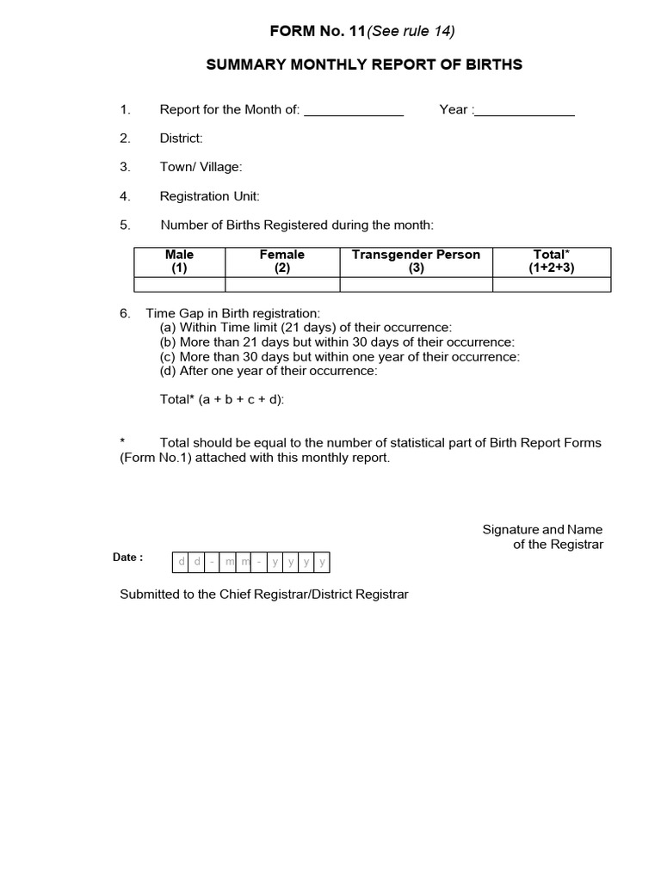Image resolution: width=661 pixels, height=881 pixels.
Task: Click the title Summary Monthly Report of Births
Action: tap(364, 65)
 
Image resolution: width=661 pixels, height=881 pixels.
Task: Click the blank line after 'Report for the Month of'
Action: tap(354, 110)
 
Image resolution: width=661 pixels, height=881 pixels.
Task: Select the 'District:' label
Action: tap(181, 138)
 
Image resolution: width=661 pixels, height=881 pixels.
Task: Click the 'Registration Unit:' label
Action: tap(209, 196)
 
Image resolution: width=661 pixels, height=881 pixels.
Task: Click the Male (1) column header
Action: tap(179, 261)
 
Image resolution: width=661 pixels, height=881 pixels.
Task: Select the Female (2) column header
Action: tap(282, 261)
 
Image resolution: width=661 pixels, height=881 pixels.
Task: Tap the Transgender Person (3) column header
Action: tap(416, 261)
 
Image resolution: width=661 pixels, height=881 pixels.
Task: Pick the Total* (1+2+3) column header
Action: tap(551, 261)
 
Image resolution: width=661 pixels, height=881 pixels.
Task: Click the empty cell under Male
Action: tap(179, 284)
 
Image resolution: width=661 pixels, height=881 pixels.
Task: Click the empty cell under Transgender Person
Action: tap(416, 284)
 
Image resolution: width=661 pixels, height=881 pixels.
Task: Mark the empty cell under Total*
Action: tap(551, 284)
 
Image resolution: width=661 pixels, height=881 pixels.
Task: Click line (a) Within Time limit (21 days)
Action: tap(306, 328)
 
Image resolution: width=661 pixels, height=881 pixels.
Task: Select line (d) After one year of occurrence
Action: tap(269, 371)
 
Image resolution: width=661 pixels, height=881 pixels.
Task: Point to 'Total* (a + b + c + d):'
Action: tap(222, 399)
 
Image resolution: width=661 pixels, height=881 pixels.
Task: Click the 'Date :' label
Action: tap(127, 558)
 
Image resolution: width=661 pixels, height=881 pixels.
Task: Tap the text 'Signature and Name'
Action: tap(542, 529)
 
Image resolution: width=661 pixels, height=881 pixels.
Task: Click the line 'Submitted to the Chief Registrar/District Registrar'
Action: tap(263, 595)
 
